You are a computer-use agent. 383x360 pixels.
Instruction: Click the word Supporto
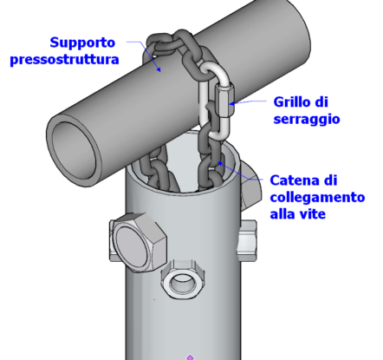click(82, 43)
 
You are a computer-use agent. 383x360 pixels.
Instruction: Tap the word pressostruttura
click(64, 59)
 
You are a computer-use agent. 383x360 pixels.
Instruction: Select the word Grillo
click(292, 101)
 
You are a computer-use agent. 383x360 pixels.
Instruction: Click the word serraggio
click(307, 119)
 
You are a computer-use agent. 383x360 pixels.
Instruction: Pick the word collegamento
click(317, 197)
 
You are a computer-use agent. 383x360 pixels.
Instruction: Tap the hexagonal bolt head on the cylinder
click(138, 243)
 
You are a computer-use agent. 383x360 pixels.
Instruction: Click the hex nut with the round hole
click(183, 280)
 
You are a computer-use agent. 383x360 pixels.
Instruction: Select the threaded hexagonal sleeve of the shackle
click(224, 101)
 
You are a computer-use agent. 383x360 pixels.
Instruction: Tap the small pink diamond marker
click(190, 357)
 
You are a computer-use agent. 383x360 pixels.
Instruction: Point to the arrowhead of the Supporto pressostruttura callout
click(158, 69)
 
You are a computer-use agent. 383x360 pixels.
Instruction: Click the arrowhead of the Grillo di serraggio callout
click(232, 103)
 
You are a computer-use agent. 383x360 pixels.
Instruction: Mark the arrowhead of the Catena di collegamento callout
click(220, 163)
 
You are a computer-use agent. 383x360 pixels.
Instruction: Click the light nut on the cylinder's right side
click(247, 240)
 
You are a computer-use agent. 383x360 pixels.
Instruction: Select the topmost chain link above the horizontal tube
click(162, 43)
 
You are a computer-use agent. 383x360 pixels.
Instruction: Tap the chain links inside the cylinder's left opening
click(158, 171)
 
